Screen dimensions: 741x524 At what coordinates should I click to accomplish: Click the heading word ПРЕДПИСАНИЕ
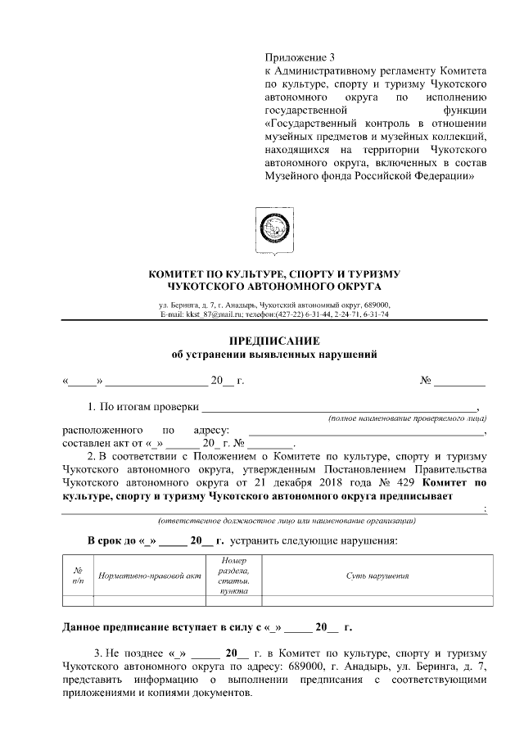[x=273, y=340]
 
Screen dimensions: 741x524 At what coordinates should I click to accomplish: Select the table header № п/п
[x=78, y=576]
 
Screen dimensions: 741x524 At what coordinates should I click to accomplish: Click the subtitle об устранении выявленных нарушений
[x=273, y=354]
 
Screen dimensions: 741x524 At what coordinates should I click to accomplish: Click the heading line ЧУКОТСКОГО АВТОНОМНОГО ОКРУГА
[x=273, y=287]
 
